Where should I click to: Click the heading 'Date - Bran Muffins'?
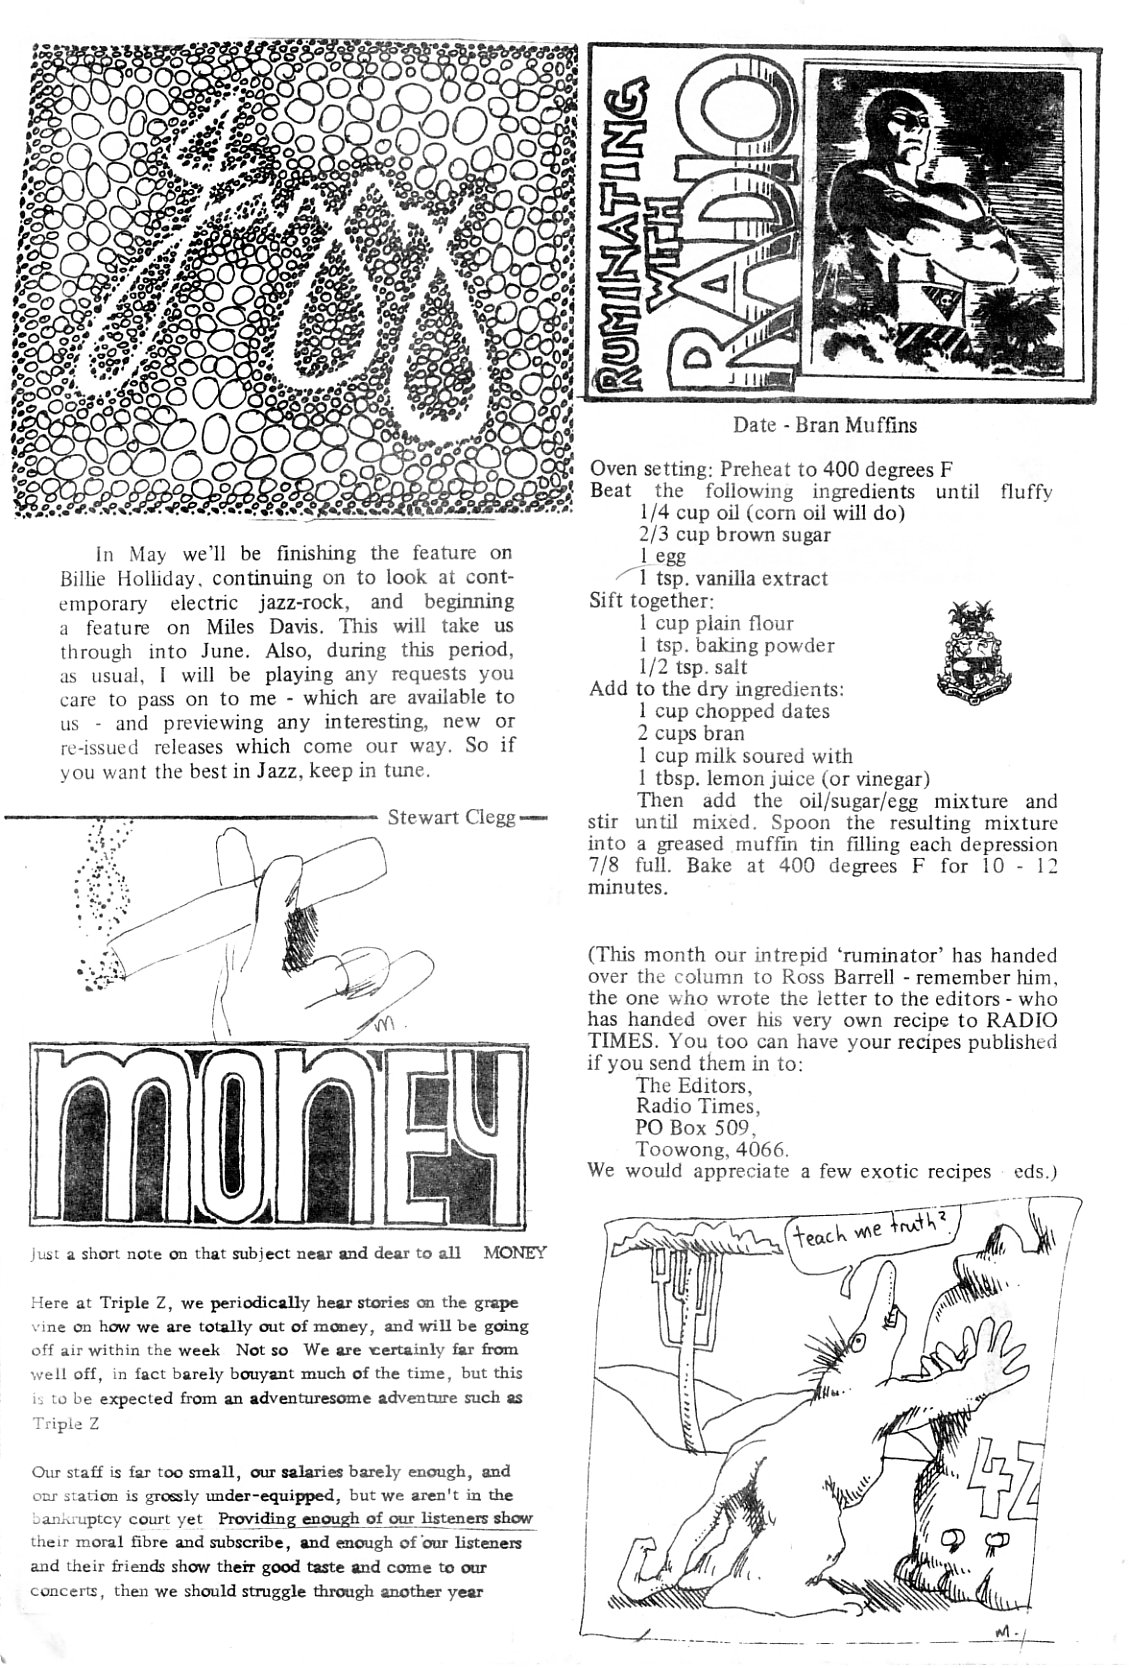click(x=825, y=424)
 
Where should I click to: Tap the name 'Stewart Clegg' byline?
click(x=451, y=817)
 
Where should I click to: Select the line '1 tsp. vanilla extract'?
click(x=733, y=578)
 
